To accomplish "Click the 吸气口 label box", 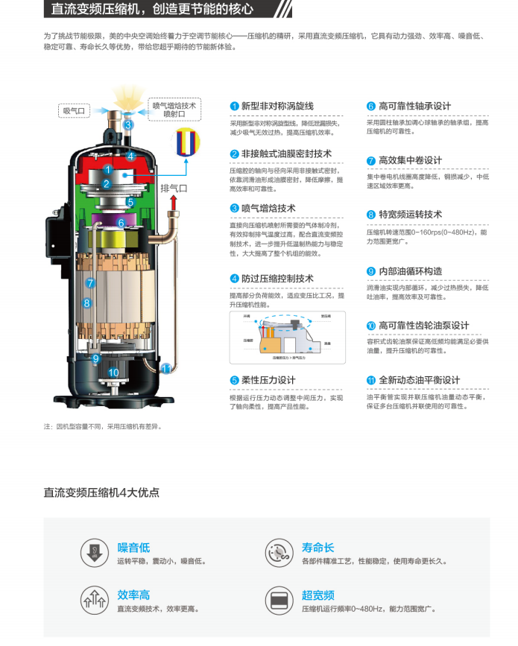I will point(75,111).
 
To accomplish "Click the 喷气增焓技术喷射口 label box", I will point(174,110).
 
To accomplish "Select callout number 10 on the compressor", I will point(114,373).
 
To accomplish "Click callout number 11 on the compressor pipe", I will point(165,367).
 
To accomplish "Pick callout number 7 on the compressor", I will point(90,283).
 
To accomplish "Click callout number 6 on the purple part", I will point(121,223).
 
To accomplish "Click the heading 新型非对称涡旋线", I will point(277,107).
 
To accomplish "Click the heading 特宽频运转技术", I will point(410,215).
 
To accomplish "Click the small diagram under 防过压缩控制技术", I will point(287,338).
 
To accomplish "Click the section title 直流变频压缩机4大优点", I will point(101,493).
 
